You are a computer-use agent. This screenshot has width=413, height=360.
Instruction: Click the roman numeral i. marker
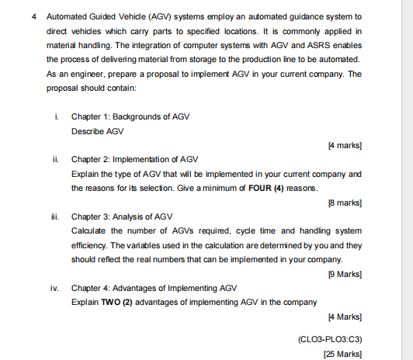coord(52,116)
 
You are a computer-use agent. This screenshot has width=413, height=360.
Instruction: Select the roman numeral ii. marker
coord(53,160)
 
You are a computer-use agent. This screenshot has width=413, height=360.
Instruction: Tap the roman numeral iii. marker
coord(54,216)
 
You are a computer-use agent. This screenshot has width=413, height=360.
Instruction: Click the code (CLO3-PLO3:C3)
coord(331,339)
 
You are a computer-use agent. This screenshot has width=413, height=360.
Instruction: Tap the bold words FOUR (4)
coord(261,188)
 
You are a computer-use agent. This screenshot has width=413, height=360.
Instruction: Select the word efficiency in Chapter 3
coord(93,244)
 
